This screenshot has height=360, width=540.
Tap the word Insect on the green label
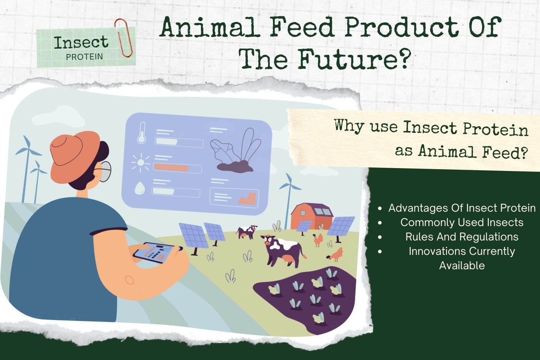point(81,42)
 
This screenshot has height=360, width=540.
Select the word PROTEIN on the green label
point(85,57)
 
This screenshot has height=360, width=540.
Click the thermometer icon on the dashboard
point(141,133)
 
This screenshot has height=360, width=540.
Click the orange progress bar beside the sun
point(171,167)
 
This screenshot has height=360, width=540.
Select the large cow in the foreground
point(283,250)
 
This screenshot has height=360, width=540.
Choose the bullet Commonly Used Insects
point(462,222)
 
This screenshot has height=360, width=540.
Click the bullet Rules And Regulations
point(462,237)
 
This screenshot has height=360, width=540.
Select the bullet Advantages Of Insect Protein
point(462,208)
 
